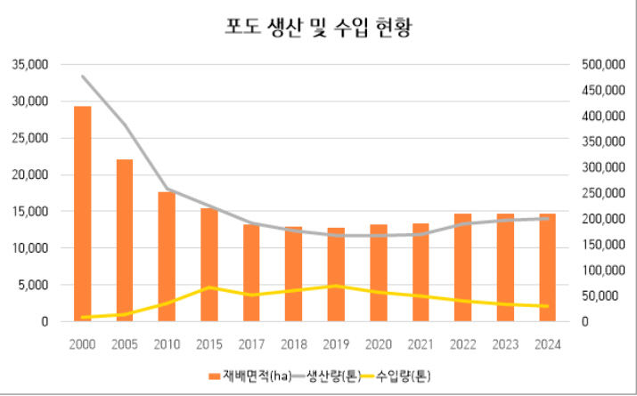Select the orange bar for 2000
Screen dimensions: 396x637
point(83,214)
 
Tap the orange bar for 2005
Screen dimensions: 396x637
point(125,240)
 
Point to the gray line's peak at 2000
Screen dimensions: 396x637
point(83,77)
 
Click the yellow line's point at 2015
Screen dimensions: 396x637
point(209,287)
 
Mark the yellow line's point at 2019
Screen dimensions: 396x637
point(336,286)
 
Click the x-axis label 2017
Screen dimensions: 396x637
point(251,343)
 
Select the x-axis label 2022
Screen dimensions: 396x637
point(462,343)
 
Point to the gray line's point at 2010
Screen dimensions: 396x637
point(167,189)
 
